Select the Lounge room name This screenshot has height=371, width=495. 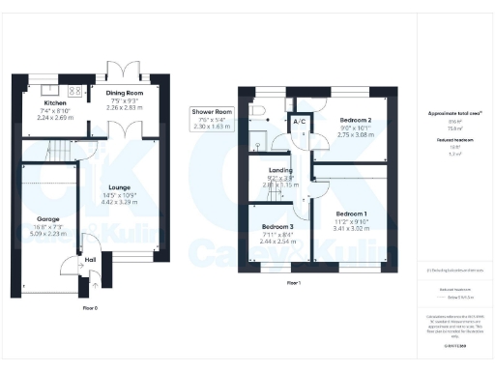[x=121, y=189]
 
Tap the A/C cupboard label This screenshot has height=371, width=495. [x=299, y=123]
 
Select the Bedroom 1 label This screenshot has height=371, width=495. [x=351, y=213]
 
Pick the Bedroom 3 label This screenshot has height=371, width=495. [x=277, y=226]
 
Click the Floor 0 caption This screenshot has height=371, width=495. [x=89, y=306]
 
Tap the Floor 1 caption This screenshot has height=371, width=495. [x=294, y=283]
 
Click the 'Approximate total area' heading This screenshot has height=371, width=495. [x=454, y=113]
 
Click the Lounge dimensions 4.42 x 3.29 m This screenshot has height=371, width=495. [x=121, y=204]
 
